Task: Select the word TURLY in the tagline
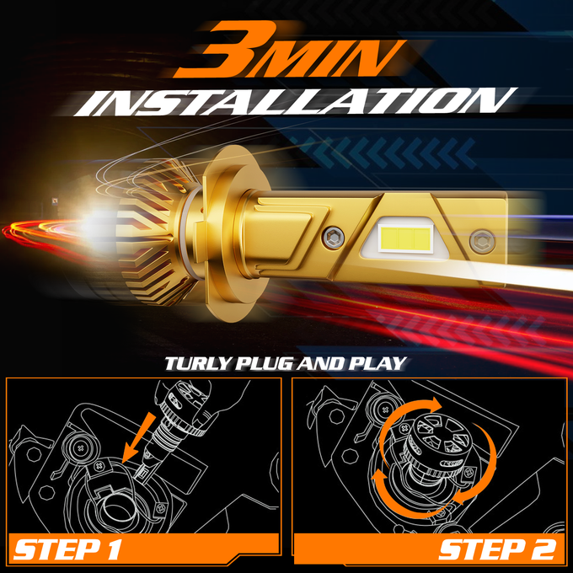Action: pyautogui.click(x=198, y=364)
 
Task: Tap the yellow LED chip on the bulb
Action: pyautogui.click(x=405, y=237)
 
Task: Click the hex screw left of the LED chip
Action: pyautogui.click(x=333, y=237)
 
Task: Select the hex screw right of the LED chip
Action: pyautogui.click(x=482, y=241)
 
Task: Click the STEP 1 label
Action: pyautogui.click(x=67, y=549)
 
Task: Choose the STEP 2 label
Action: pyautogui.click(x=498, y=549)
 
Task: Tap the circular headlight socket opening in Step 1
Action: pyautogui.click(x=116, y=507)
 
